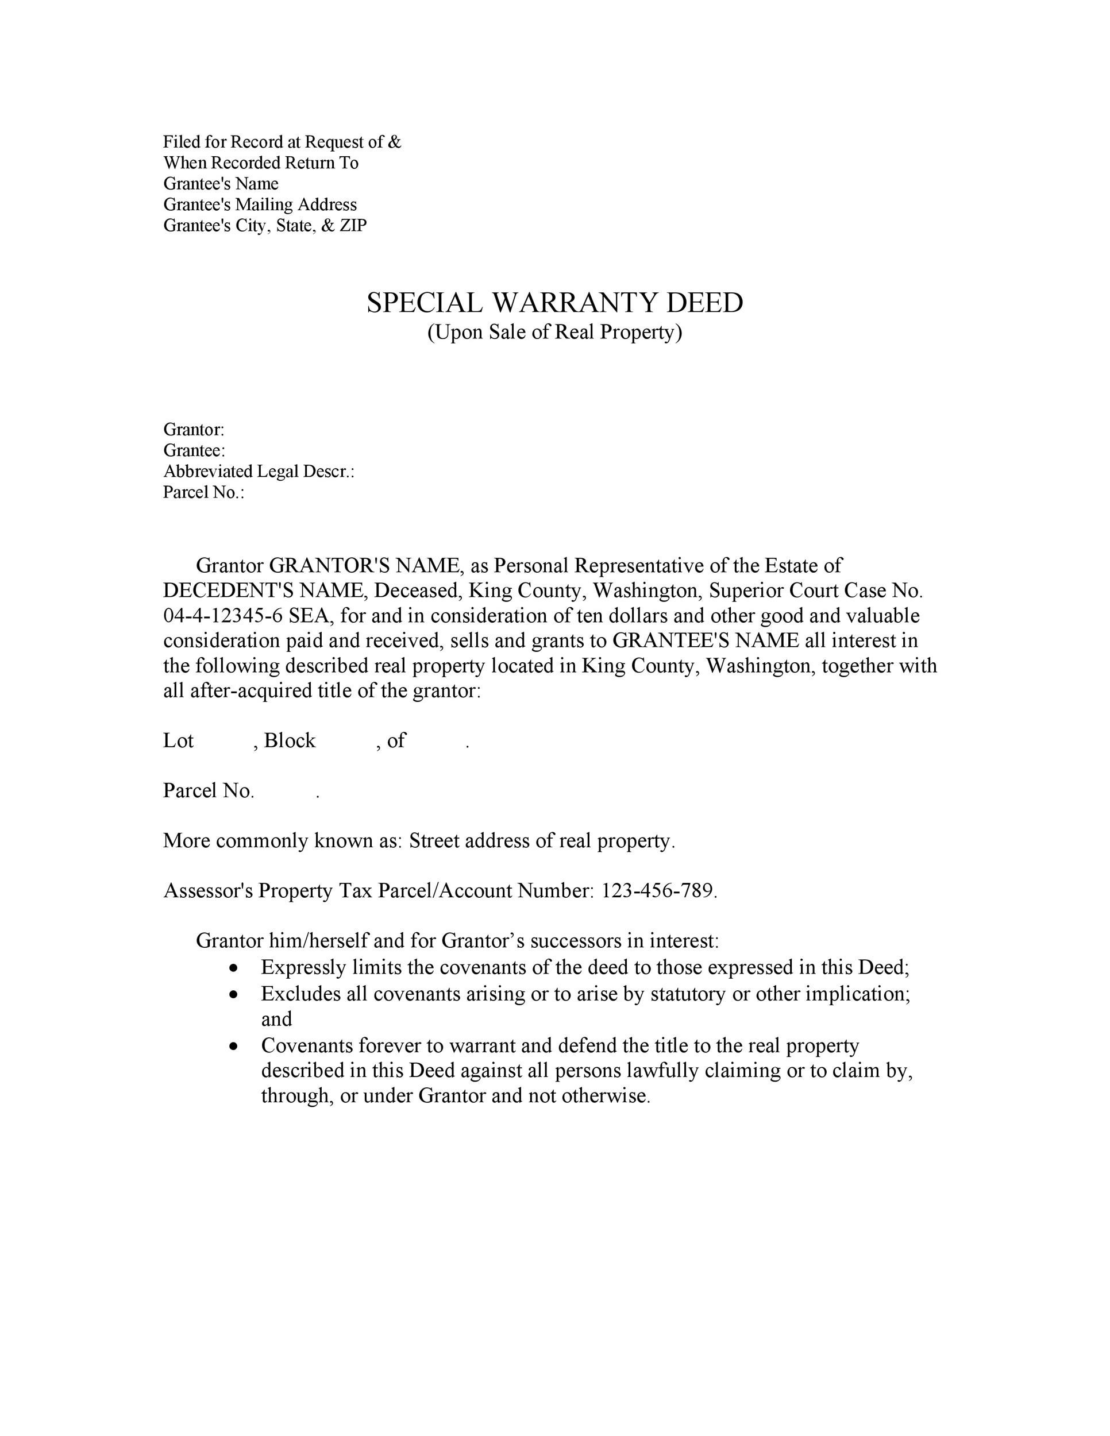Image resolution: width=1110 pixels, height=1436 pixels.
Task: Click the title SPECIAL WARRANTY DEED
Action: tap(554, 303)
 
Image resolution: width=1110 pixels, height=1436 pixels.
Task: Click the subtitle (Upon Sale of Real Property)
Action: tap(554, 333)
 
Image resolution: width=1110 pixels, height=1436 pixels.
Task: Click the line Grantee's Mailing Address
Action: tap(260, 204)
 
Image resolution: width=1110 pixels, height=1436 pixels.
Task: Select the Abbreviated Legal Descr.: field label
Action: tap(259, 472)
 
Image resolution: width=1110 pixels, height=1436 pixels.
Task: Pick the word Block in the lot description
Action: tap(290, 741)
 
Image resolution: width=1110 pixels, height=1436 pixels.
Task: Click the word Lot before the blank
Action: tap(178, 741)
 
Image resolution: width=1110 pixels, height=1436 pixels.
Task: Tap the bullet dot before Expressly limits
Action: tap(234, 968)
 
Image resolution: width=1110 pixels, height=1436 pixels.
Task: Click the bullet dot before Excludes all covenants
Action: tap(234, 995)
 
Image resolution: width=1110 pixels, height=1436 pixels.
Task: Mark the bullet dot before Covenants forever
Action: tap(234, 1046)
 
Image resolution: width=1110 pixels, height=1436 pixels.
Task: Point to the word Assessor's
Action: tap(208, 891)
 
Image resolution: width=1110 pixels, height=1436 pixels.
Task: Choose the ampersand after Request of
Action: tap(394, 142)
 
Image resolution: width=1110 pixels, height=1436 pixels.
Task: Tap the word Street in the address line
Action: tap(434, 841)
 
